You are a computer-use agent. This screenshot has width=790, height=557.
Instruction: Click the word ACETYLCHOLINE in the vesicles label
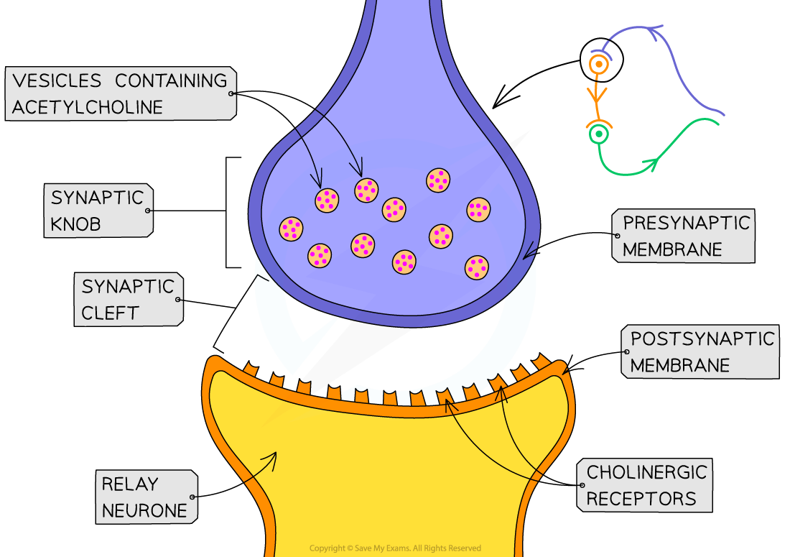88,107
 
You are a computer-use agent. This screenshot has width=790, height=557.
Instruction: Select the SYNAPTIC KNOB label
98,211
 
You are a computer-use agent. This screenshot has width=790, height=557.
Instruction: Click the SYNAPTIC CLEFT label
128,299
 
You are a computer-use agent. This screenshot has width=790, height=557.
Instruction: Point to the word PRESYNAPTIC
686,223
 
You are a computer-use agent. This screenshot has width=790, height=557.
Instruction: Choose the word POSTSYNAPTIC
702,339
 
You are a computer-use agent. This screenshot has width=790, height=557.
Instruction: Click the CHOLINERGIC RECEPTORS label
646,485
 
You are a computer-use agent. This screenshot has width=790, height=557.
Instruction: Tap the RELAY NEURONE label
144,497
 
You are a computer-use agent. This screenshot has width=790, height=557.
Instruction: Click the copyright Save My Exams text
395,548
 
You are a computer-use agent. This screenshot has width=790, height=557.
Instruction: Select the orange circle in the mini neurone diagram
599,65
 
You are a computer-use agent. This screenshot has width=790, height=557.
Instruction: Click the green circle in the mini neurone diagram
598,134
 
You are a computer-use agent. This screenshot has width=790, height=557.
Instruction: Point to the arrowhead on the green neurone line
654,165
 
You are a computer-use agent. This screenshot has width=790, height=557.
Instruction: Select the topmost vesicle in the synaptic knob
438,180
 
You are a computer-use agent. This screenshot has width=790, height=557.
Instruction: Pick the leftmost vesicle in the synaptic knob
291,229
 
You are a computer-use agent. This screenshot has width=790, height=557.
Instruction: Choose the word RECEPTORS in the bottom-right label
641,499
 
